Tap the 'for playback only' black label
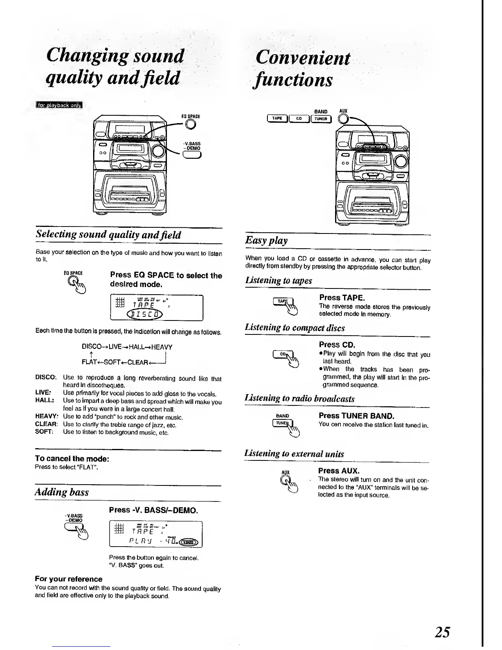point(59,105)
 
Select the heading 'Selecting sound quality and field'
point(108,235)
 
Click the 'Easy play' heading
point(266,240)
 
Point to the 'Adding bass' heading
point(62,492)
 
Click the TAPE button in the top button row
point(277,119)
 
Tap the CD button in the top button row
point(299,119)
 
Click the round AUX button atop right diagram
point(343,119)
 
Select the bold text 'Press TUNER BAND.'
point(356,416)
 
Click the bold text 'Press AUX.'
point(339,471)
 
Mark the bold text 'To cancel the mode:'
point(72,458)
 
